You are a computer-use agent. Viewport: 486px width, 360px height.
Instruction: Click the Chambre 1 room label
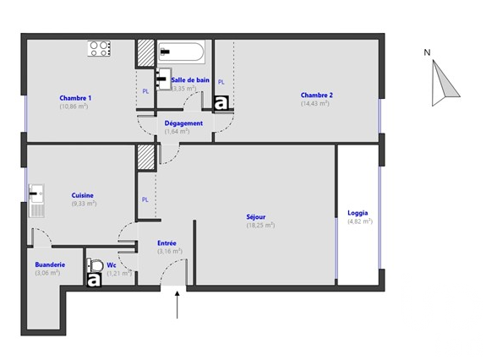pyautogui.click(x=75, y=98)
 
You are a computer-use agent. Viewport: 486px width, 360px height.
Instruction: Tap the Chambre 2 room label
pyautogui.click(x=316, y=95)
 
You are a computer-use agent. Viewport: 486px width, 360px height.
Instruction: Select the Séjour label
pyautogui.click(x=256, y=217)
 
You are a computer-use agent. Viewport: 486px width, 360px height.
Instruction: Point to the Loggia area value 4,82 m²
pyautogui.click(x=360, y=221)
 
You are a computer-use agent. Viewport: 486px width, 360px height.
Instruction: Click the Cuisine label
pyautogui.click(x=83, y=195)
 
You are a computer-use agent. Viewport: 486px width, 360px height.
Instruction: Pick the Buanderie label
pyautogui.click(x=50, y=265)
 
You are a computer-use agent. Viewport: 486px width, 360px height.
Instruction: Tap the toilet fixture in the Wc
pyautogui.click(x=95, y=265)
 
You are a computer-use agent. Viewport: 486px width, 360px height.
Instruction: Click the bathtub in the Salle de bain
pyautogui.click(x=181, y=52)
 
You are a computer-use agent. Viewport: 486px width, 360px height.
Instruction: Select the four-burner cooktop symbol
pyautogui.click(x=99, y=49)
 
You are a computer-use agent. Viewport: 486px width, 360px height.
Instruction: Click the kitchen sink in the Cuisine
pyautogui.click(x=36, y=200)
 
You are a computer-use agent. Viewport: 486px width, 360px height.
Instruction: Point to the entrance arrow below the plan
pyautogui.click(x=177, y=304)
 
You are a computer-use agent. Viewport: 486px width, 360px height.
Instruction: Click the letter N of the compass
pyautogui.click(x=427, y=52)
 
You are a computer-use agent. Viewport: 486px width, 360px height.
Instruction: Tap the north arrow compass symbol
pyautogui.click(x=444, y=83)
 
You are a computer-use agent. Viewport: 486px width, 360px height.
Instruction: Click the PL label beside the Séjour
pyautogui.click(x=145, y=199)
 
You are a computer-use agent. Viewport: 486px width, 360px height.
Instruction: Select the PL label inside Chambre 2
pyautogui.click(x=221, y=82)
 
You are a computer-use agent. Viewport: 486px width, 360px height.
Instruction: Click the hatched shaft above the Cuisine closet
pyautogui.click(x=145, y=157)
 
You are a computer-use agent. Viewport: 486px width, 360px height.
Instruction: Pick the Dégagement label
pyautogui.click(x=183, y=123)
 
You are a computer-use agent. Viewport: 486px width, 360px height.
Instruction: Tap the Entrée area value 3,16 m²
pyautogui.click(x=170, y=251)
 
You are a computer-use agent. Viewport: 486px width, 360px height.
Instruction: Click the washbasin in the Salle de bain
pyautogui.click(x=163, y=79)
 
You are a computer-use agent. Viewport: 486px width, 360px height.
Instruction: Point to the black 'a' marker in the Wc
pyautogui.click(x=94, y=280)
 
